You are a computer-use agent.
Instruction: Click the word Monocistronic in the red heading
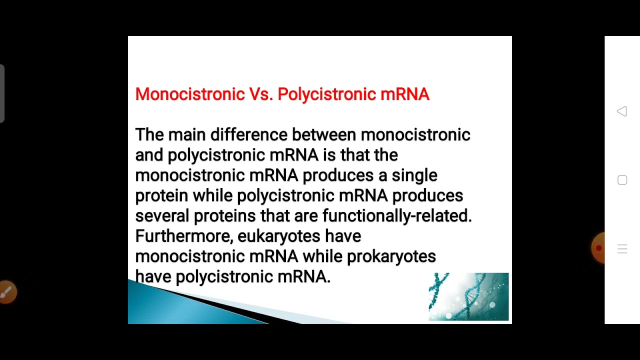coord(189,94)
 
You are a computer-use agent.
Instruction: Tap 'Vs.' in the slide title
coord(260,94)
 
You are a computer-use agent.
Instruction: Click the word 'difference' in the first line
coord(248,134)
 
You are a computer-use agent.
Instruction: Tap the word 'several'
coord(162,215)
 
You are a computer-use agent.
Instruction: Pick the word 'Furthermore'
coord(184,235)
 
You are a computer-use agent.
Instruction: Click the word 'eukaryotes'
coord(279,235)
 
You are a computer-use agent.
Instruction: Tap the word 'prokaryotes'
coord(391,256)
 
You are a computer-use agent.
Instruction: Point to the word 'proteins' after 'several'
coord(224,215)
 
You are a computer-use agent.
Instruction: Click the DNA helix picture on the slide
coord(468,296)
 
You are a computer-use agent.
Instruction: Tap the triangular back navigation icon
coord(622,111)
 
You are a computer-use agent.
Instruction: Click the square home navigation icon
coord(622,180)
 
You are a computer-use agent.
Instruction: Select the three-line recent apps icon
coord(622,249)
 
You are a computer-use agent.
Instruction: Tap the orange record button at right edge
coord(598,248)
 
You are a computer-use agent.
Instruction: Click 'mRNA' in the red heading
coord(405,94)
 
